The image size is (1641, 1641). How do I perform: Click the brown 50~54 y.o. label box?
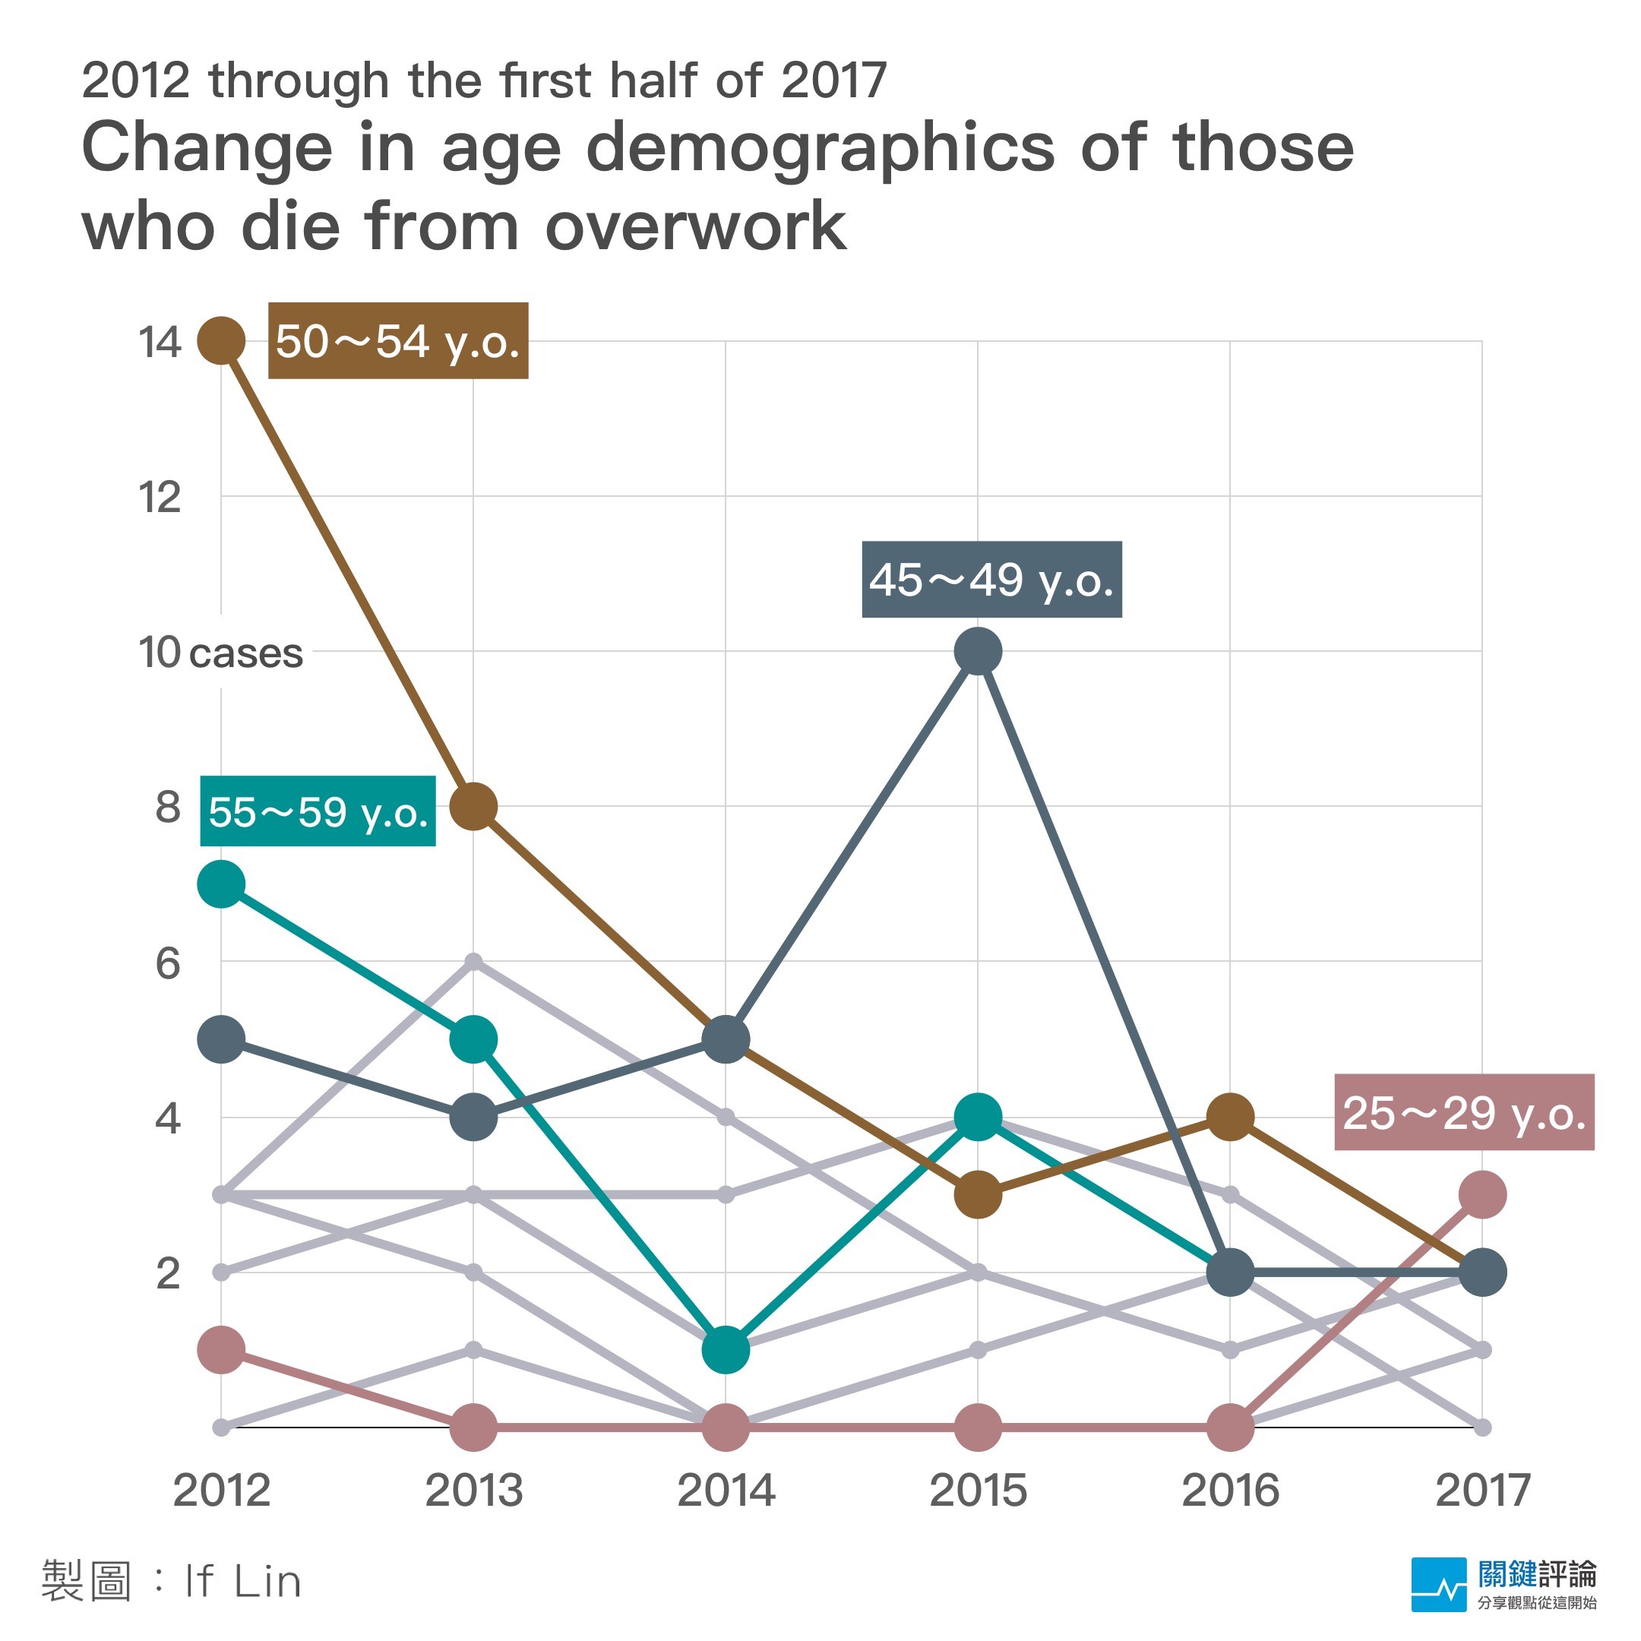point(397,340)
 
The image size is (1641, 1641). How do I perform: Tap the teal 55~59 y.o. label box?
point(318,811)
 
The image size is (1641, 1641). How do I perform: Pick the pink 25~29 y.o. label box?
point(1463,1113)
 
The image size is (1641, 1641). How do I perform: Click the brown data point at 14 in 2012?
point(222,340)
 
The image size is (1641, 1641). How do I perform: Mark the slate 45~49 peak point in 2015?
point(978,652)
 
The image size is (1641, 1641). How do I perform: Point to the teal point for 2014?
point(726,1350)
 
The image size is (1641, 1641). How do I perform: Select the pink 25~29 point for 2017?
point(1482,1194)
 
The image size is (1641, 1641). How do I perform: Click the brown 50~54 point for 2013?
point(473,806)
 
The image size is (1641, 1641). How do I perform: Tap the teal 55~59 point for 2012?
point(222,884)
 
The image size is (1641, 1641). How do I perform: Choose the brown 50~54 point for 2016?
point(1230,1117)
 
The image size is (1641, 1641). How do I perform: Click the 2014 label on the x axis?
point(726,1490)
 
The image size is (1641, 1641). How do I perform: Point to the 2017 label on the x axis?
point(1482,1490)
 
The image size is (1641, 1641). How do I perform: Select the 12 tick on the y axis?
point(160,497)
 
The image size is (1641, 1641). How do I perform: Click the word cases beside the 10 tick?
point(246,653)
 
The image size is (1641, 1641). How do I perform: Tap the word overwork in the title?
point(696,227)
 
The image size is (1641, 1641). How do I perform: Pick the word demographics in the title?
point(820,149)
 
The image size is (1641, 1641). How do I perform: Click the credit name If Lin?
point(242,1582)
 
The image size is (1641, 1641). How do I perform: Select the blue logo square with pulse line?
point(1438,1584)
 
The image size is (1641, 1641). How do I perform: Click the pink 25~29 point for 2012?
point(222,1350)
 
